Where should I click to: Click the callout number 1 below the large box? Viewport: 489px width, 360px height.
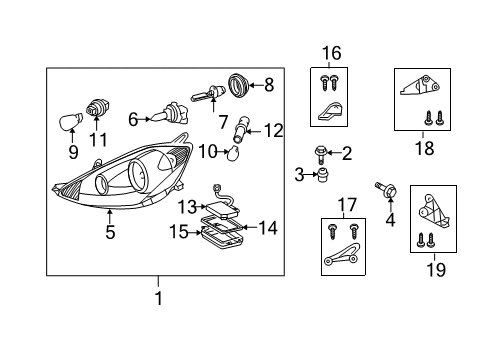[x=157, y=298]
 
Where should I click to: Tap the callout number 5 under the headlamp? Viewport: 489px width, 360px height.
[x=110, y=234]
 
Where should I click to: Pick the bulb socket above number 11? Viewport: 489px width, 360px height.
[x=98, y=106]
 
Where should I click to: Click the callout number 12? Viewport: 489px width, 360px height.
[x=274, y=129]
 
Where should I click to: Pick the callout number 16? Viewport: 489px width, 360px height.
[x=331, y=52]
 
